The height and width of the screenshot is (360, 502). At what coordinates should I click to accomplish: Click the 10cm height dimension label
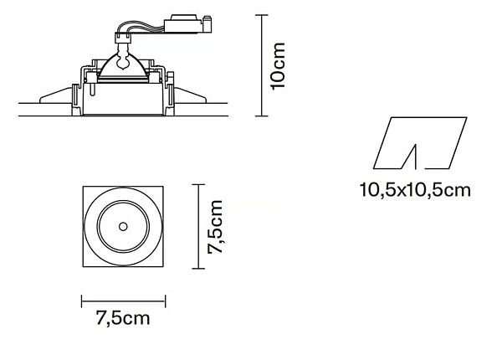coord(278,66)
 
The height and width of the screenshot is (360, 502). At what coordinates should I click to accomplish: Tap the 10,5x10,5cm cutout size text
coord(415,190)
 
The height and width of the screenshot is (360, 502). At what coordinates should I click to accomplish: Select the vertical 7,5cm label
coord(215,227)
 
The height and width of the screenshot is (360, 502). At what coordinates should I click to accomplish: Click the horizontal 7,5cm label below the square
coord(123,318)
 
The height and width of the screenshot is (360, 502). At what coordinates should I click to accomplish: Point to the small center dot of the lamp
coord(123,227)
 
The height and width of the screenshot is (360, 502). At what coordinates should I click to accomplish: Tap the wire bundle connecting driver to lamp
coord(141,28)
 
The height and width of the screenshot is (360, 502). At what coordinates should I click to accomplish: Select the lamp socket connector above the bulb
coord(123,39)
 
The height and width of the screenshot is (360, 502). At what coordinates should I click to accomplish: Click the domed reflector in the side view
coord(123,68)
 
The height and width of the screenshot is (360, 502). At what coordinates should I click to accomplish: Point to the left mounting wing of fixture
coord(55,95)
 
